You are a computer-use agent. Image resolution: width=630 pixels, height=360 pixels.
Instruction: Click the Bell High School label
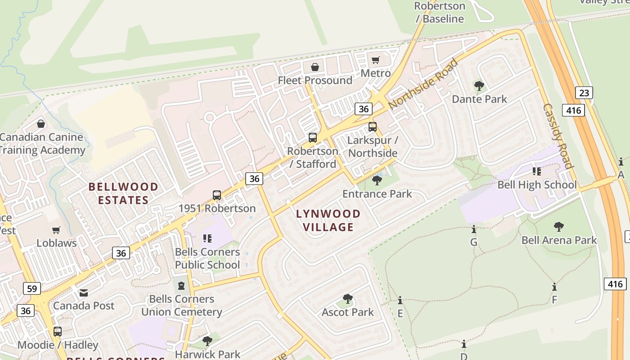536,184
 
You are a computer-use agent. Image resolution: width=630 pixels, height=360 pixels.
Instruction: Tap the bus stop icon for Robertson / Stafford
313,138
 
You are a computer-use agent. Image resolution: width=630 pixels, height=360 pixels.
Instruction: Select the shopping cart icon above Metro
376,60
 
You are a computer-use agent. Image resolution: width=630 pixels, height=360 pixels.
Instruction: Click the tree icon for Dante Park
479,85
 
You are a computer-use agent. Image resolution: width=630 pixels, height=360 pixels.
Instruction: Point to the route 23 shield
584,93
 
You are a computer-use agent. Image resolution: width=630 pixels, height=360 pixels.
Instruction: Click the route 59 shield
31,288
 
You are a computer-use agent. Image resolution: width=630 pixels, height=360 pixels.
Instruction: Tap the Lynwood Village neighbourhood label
328,220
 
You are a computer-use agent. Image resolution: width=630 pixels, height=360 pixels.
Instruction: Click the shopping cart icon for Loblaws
56,230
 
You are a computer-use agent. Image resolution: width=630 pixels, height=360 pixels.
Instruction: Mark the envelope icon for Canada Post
84,293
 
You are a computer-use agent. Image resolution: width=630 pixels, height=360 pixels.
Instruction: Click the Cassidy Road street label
558,136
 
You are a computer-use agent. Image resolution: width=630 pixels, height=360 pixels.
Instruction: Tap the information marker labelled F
554,287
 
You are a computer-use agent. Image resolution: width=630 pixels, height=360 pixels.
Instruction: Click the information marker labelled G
473,229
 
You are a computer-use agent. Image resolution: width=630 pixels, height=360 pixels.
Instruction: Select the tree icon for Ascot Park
347,298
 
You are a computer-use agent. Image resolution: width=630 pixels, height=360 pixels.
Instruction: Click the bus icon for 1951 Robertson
217,195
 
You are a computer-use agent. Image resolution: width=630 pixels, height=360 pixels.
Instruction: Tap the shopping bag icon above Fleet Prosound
315,67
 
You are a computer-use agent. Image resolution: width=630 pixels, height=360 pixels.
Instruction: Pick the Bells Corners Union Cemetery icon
181,285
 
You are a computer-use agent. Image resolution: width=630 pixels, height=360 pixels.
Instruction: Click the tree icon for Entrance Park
377,180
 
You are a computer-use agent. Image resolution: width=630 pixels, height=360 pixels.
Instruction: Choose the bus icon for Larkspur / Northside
373,127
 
